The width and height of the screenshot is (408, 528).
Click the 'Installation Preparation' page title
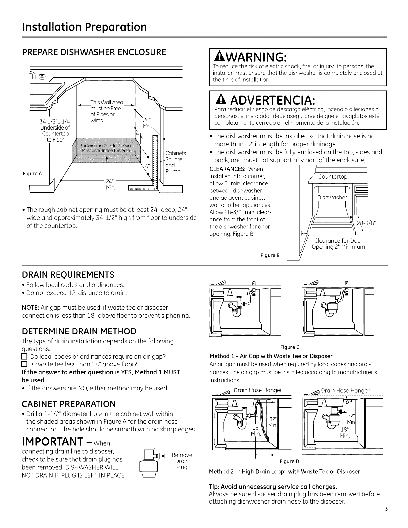(x=84, y=27)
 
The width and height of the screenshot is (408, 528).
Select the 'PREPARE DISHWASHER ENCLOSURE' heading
(x=94, y=53)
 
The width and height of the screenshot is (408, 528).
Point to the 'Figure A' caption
(x=33, y=173)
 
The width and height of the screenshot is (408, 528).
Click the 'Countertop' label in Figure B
(x=333, y=177)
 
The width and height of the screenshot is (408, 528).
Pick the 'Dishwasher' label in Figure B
(x=332, y=197)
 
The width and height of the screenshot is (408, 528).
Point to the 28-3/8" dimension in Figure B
(x=366, y=223)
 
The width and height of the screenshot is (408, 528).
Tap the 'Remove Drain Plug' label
(x=182, y=461)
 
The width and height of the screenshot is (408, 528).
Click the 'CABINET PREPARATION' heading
(x=69, y=404)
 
